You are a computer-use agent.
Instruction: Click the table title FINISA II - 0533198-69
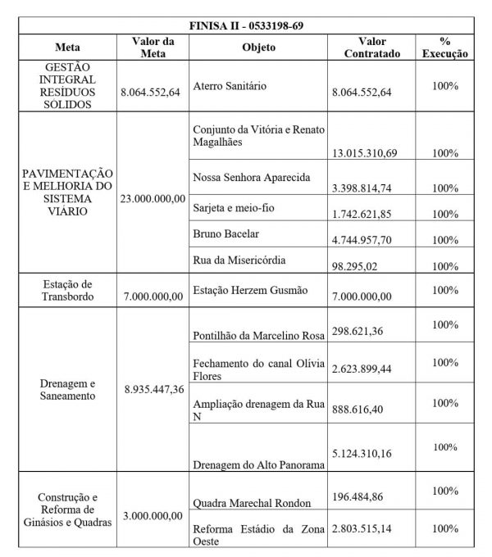pos(247,25)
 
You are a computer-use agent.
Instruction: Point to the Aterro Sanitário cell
pos(234,85)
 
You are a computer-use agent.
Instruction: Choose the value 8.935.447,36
pos(154,389)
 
